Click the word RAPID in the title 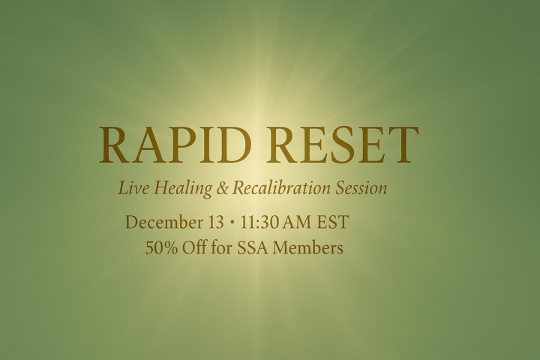coord(172,145)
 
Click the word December coord(162,223)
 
